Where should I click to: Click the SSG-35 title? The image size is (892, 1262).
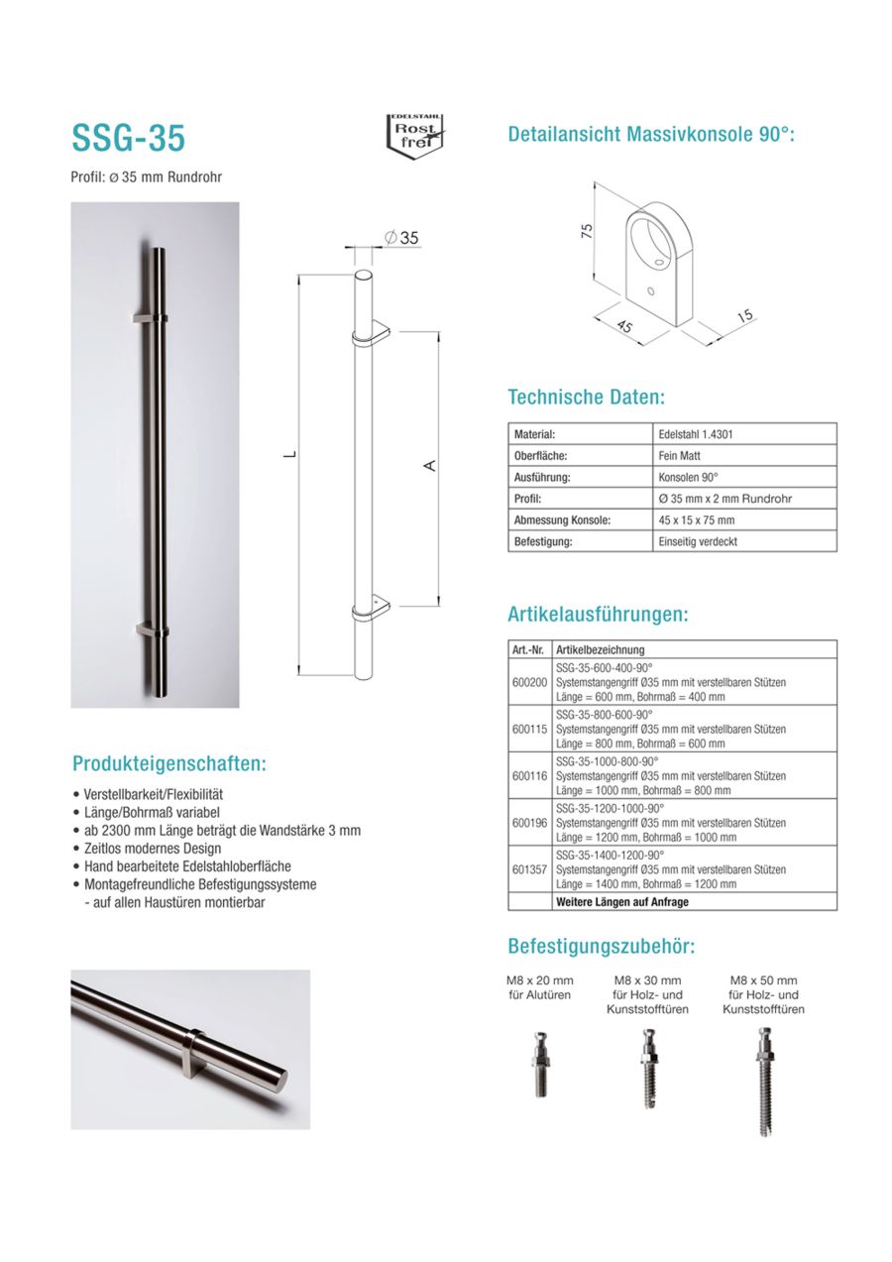128,139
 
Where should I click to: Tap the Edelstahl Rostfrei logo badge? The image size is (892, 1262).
414,133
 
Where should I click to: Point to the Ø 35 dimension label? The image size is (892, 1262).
400,237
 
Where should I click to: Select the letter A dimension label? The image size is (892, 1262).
430,466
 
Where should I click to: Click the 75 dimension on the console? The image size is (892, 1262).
586,231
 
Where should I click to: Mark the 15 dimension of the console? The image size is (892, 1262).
744,316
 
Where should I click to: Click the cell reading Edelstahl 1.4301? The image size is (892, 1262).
695,434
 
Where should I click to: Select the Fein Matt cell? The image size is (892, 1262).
681,456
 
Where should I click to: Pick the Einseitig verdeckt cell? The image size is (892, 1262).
698,542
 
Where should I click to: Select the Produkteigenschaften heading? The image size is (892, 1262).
169,764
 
